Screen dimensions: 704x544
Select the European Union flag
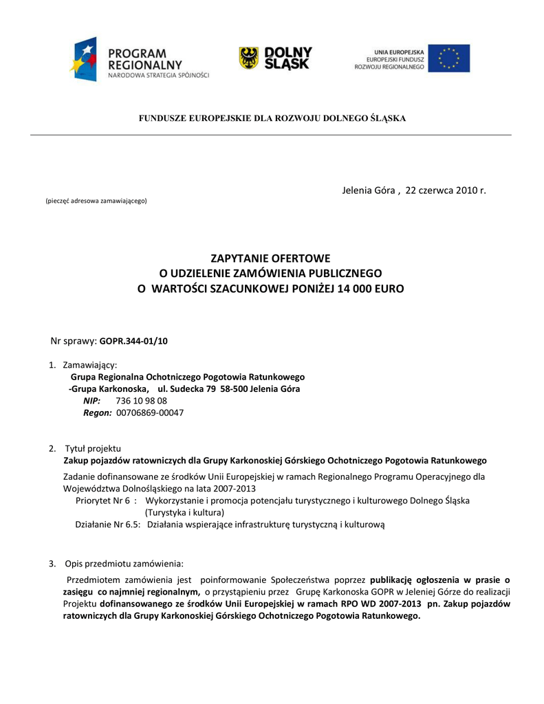click(448, 58)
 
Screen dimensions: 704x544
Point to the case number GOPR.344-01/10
click(133, 340)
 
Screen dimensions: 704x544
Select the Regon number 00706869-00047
click(150, 413)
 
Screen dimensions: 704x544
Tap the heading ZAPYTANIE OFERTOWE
click(270, 258)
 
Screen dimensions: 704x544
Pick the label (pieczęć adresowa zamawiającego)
click(96, 201)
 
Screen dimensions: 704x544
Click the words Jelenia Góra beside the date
click(369, 190)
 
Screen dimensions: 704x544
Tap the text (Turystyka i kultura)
click(184, 512)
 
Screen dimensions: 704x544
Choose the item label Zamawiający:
click(89, 364)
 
